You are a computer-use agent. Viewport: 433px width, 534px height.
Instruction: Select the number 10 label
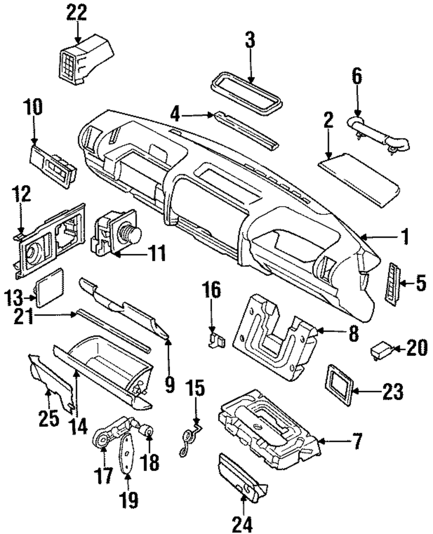point(34,107)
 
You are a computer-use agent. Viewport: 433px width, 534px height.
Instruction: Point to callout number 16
point(212,290)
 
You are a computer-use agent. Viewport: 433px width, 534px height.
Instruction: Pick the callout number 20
point(417,348)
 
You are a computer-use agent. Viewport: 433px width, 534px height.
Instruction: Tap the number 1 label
point(404,236)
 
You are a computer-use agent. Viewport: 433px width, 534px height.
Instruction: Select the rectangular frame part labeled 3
point(246,94)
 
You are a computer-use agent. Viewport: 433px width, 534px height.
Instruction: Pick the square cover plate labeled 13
point(49,288)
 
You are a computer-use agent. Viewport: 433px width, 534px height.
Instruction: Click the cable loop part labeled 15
point(191,438)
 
